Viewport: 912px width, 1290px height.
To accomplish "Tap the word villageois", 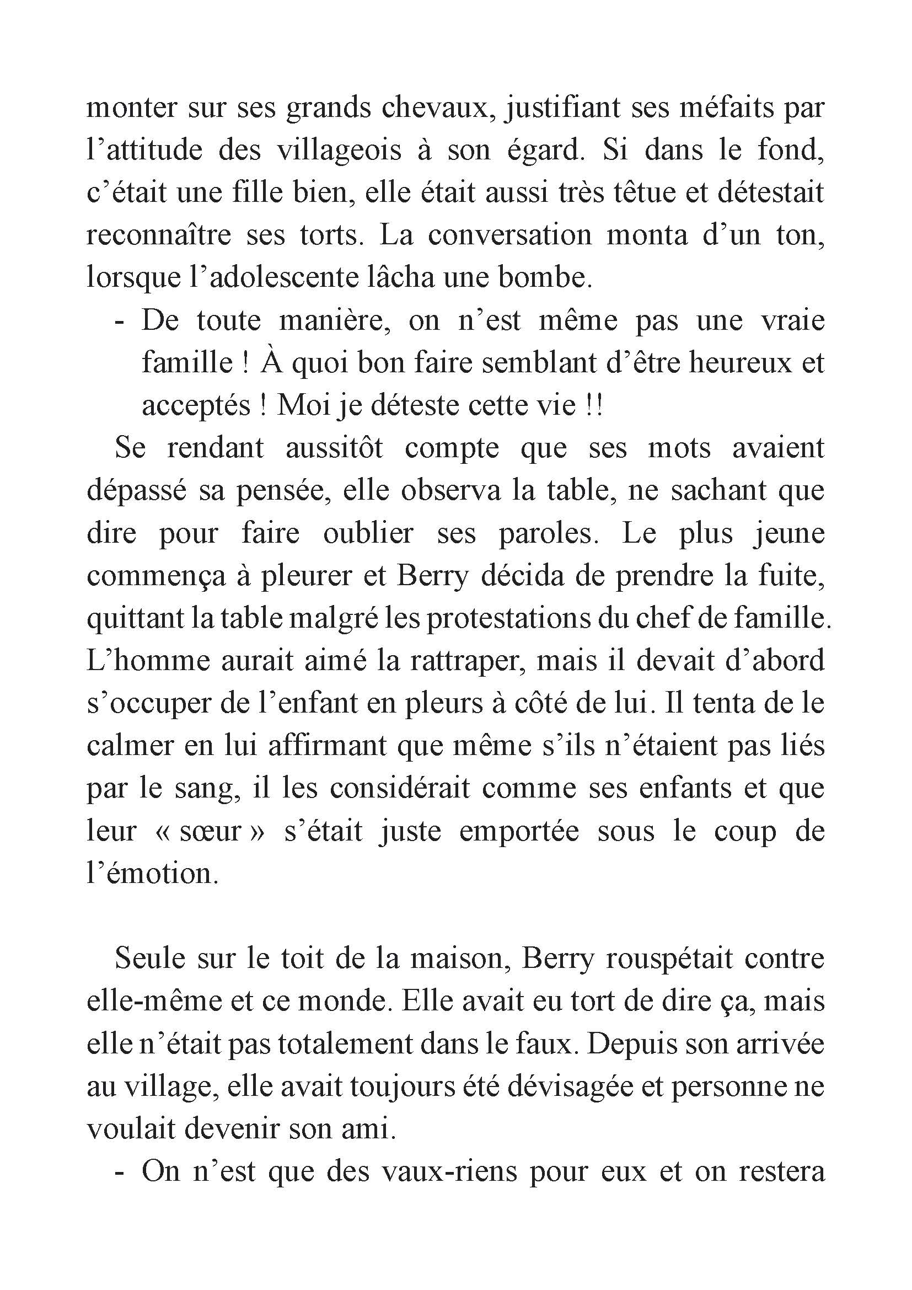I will pos(339,150).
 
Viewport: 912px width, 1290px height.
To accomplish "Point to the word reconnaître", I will pos(158,235).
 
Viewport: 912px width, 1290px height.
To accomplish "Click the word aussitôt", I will pos(334,448).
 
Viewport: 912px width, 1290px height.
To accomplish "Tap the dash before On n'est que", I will pos(119,1174).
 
